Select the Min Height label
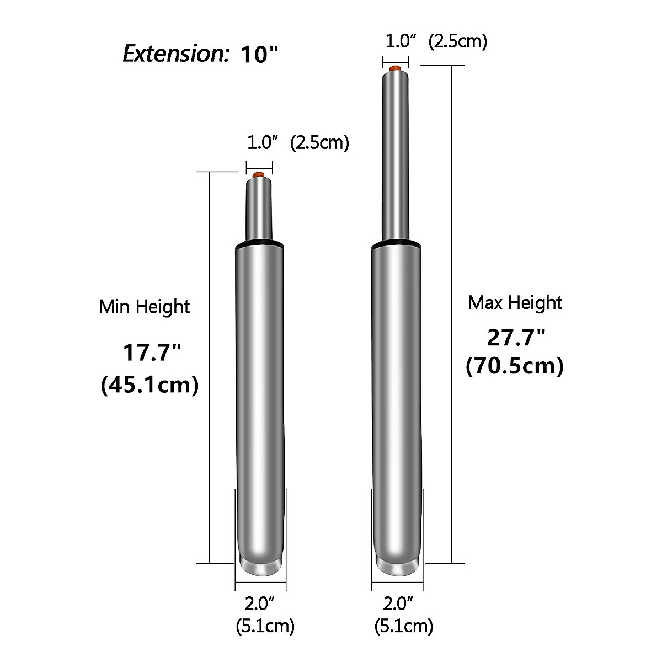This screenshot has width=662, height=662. tap(145, 307)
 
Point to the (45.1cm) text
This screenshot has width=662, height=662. tap(150, 385)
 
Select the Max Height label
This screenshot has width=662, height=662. tap(515, 303)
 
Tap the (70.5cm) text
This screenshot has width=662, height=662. tap(515, 366)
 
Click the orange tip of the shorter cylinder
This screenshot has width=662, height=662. tap(258, 175)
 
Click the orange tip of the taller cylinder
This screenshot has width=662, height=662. tap(396, 69)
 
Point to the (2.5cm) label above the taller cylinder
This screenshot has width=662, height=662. tap(457, 41)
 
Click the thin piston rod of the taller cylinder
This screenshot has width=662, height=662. tap(396, 154)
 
